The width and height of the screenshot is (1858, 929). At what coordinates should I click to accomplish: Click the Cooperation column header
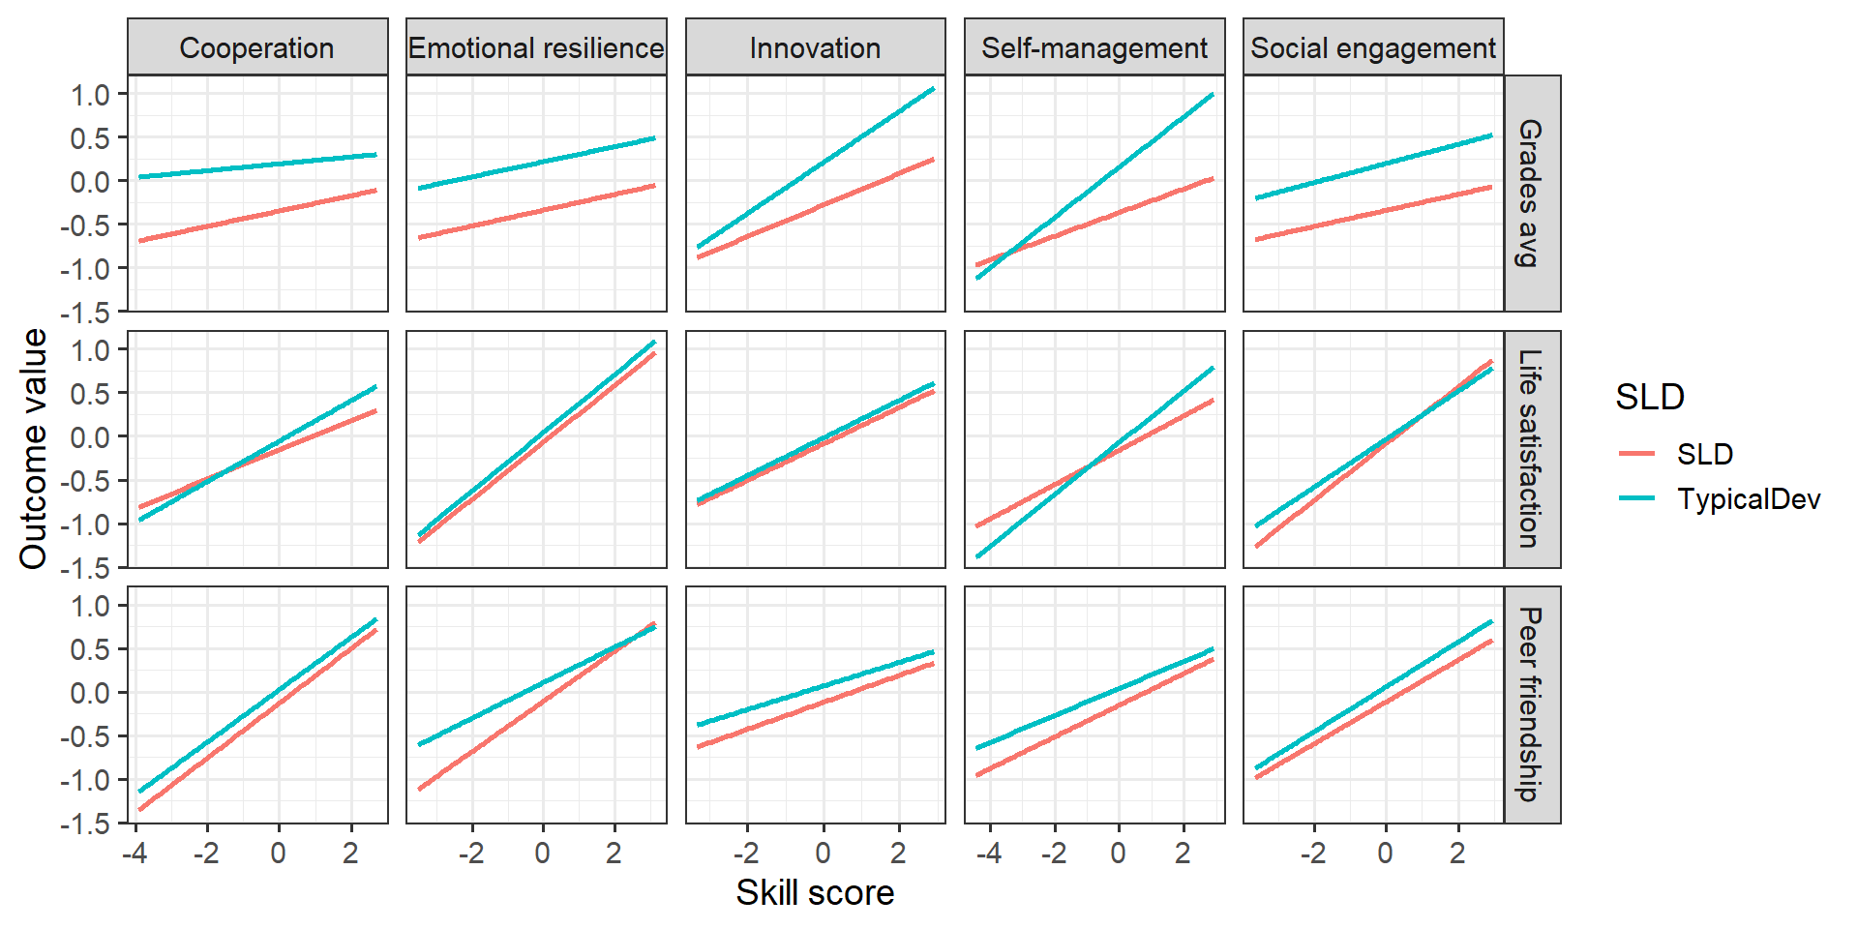pyautogui.click(x=256, y=47)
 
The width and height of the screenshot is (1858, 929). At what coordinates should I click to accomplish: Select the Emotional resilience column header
pyautogui.click(x=536, y=47)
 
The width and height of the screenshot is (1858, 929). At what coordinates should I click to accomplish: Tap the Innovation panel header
pyautogui.click(x=815, y=47)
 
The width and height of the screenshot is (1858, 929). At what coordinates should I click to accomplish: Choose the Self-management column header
pyautogui.click(x=1094, y=47)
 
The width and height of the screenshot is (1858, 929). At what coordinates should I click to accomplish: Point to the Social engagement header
pyautogui.click(x=1373, y=47)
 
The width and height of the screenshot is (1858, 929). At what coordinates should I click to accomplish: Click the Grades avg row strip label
pyautogui.click(x=1531, y=193)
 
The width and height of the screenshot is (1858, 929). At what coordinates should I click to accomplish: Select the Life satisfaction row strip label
pyautogui.click(x=1531, y=449)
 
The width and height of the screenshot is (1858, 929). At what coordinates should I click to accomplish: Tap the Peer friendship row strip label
pyautogui.click(x=1531, y=704)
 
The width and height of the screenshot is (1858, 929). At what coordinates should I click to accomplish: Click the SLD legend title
pyautogui.click(x=1650, y=397)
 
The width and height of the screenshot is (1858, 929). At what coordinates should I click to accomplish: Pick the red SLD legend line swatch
pyautogui.click(x=1637, y=454)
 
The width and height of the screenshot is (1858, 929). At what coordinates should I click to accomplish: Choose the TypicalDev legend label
pyautogui.click(x=1749, y=499)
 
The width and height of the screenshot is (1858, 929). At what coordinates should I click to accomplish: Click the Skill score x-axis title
pyautogui.click(x=815, y=892)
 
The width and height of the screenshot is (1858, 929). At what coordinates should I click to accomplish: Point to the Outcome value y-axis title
pyautogui.click(x=34, y=449)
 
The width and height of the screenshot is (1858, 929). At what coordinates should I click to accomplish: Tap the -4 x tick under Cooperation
pyautogui.click(x=135, y=854)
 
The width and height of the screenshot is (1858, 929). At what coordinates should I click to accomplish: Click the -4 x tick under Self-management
pyautogui.click(x=989, y=854)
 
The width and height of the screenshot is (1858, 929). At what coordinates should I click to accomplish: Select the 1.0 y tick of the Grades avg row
pyautogui.click(x=90, y=95)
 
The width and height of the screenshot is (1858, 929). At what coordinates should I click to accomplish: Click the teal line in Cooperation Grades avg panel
pyautogui.click(x=256, y=165)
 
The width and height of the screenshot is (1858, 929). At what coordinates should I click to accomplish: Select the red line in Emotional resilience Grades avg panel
pyautogui.click(x=536, y=211)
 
